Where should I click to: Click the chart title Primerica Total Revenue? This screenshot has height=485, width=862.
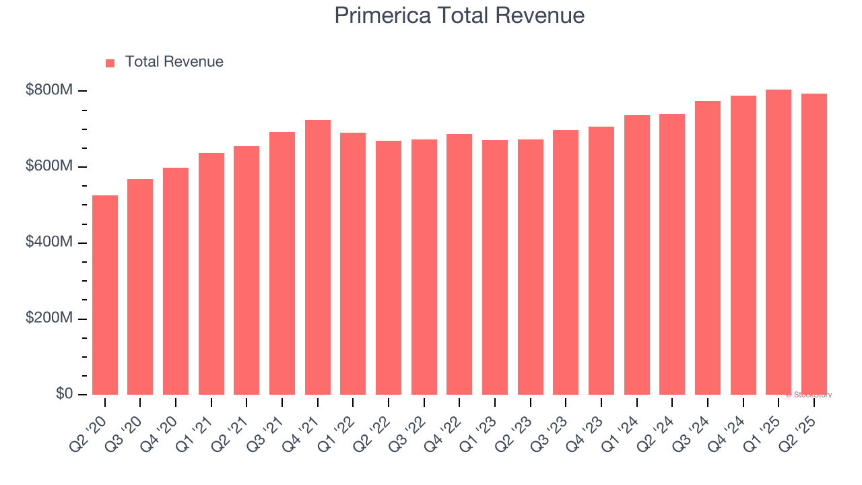(x=459, y=15)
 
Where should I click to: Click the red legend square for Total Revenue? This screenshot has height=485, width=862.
(x=110, y=63)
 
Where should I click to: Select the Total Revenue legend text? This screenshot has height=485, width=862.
(x=174, y=62)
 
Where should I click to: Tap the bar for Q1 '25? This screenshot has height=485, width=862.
(x=778, y=243)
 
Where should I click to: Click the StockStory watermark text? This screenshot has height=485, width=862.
(x=809, y=395)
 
